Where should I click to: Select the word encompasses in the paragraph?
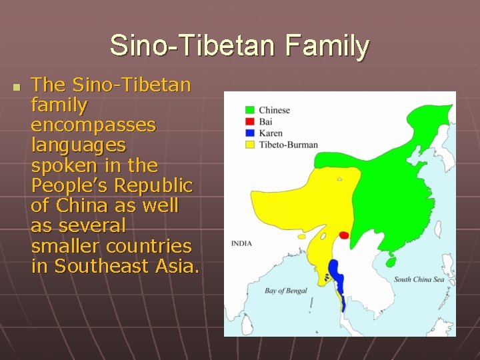click(93, 125)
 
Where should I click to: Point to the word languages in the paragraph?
click(79, 145)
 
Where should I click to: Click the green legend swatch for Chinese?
click(250, 110)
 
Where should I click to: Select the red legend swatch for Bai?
click(250, 121)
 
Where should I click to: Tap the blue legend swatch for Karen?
click(250, 133)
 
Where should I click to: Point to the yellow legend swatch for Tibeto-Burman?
click(250, 144)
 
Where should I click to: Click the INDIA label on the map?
click(241, 243)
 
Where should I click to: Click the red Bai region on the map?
click(344, 235)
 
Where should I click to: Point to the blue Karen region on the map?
click(336, 273)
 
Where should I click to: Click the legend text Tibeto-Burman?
click(288, 144)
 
